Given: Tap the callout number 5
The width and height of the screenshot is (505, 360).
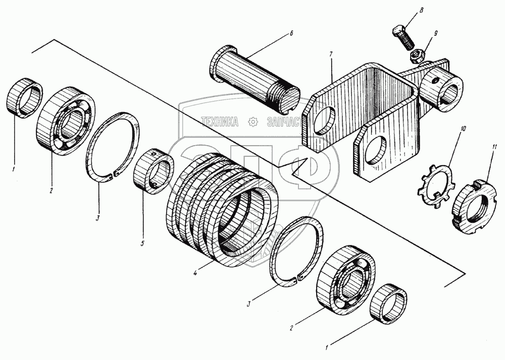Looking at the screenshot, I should [142, 243].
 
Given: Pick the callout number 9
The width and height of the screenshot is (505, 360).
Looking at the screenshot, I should [435, 34].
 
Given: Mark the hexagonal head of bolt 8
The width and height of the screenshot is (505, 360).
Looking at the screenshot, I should [397, 31].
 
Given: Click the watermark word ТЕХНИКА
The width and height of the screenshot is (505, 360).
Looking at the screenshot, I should [220, 121].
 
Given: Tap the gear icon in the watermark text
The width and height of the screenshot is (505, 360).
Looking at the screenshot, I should [254, 121].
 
